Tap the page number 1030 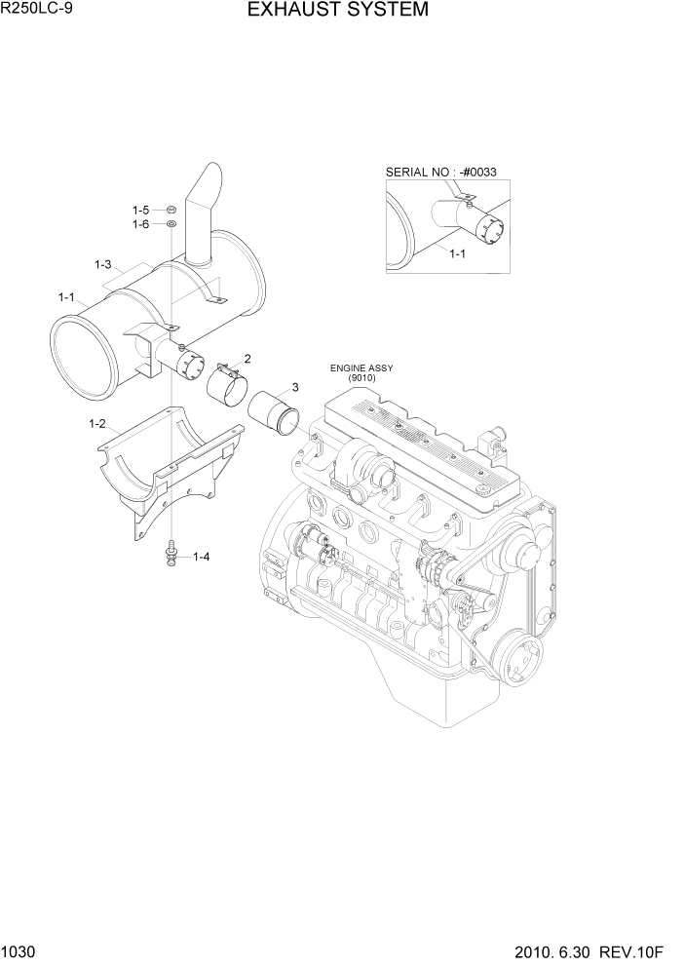[x=19, y=953]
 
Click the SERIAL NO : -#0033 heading [x=440, y=173]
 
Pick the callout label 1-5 [x=140, y=210]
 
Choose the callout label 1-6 [x=140, y=224]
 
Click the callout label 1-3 [x=103, y=264]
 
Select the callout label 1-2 [x=96, y=423]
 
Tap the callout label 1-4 [x=202, y=557]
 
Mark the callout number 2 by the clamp [x=247, y=358]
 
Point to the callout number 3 [x=294, y=387]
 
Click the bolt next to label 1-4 [x=171, y=553]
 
